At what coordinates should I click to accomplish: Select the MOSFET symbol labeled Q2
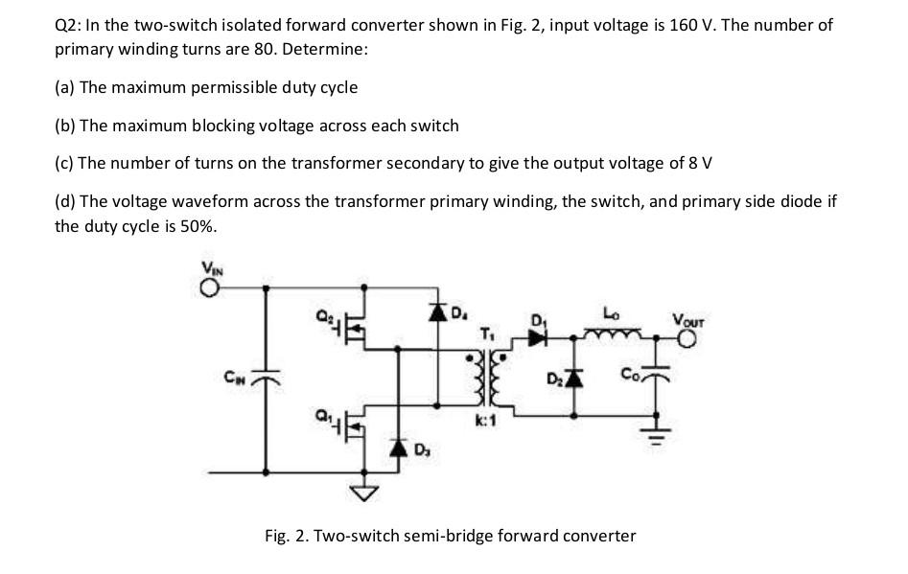click(353, 328)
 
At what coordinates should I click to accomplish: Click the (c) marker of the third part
click(64, 162)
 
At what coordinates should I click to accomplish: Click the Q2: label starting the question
click(68, 25)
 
